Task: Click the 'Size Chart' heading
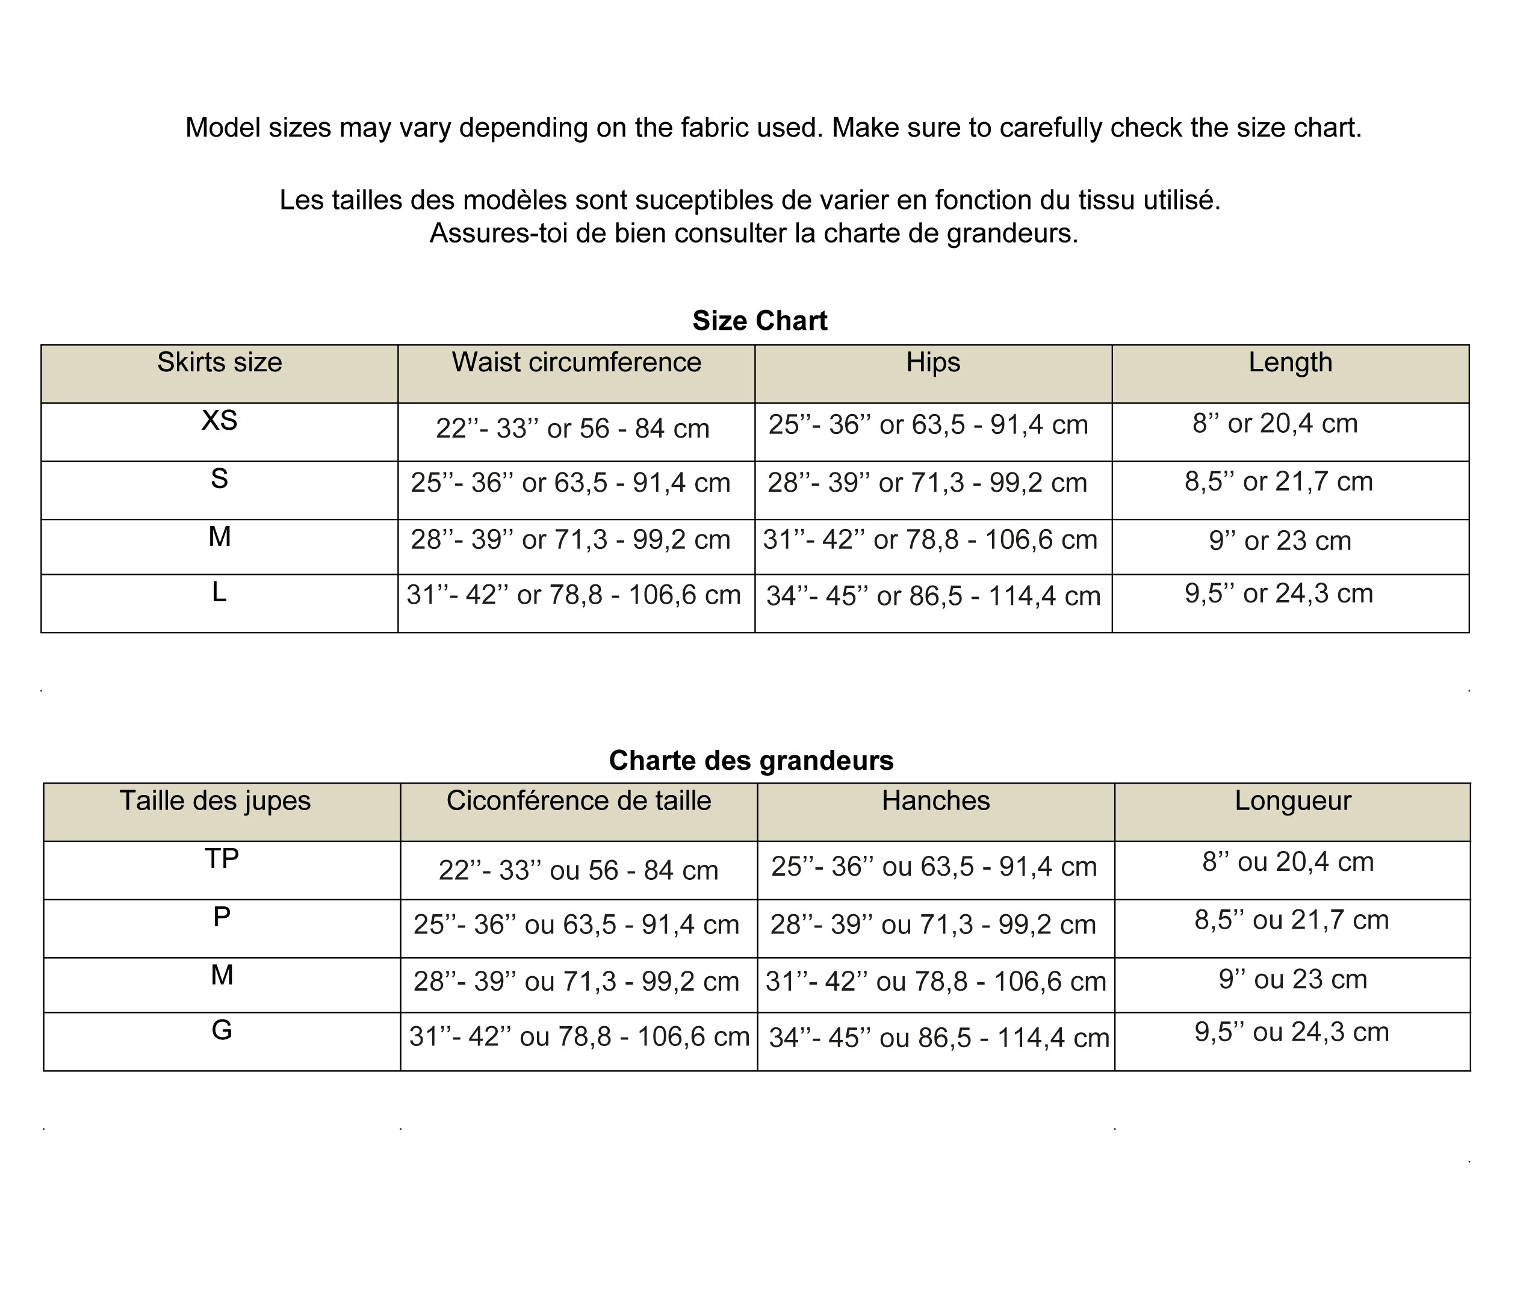point(760,321)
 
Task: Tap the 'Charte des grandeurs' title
point(751,760)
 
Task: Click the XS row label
point(219,420)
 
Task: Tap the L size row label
point(219,592)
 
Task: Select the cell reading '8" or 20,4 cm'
point(1274,423)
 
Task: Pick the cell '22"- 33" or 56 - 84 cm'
point(572,429)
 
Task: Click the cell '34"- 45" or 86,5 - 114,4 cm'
point(933,596)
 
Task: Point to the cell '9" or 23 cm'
point(1279,540)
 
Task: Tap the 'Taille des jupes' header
point(215,800)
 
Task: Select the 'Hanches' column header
point(935,800)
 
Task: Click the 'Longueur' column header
point(1292,800)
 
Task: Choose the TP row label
point(222,858)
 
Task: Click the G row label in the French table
point(222,1030)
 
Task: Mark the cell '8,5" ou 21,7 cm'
point(1291,920)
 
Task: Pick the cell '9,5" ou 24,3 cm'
point(1291,1032)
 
